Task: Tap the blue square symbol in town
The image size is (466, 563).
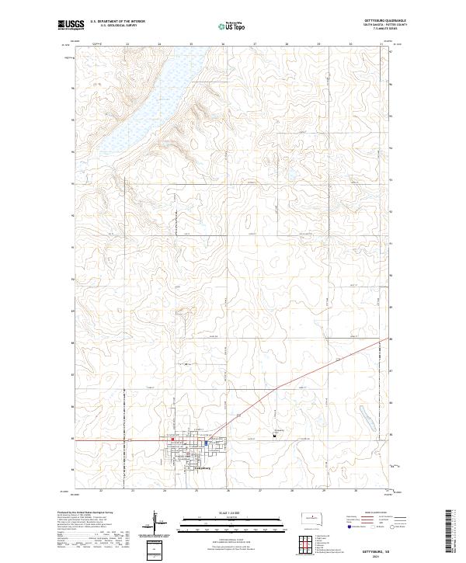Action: [195, 443]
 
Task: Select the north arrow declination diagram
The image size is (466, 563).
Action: [155, 522]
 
